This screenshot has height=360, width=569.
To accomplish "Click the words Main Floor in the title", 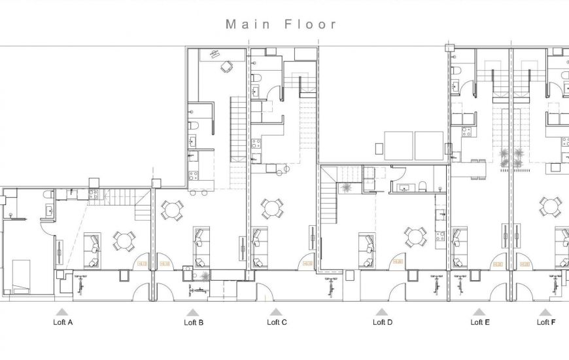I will [281, 24].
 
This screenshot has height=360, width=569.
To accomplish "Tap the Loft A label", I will [63, 322].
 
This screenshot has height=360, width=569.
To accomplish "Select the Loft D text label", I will [383, 322].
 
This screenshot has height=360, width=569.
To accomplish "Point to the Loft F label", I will [547, 322].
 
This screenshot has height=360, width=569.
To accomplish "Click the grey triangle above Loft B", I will [192, 312].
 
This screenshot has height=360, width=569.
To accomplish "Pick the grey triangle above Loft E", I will [479, 312].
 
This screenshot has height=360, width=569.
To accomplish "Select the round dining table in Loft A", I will [124, 241].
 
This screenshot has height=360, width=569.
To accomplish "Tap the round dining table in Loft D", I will [413, 237].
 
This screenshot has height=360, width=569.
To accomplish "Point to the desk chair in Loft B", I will [226, 65].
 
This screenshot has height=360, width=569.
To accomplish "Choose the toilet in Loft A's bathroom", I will [49, 195].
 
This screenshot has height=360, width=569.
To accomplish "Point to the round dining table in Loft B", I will [172, 211].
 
